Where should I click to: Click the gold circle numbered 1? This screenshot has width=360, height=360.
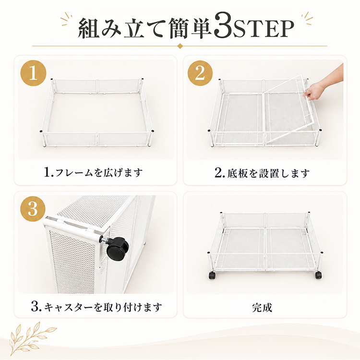(x=34, y=73)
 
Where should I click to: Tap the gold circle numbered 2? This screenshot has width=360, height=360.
(x=200, y=73)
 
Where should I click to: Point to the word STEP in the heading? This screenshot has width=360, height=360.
(x=264, y=29)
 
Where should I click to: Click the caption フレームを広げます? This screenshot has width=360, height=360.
(x=99, y=173)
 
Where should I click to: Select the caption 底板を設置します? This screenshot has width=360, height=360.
(x=268, y=173)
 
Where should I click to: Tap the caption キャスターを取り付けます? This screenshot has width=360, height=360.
(x=103, y=307)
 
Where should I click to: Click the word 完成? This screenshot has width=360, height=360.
(x=262, y=308)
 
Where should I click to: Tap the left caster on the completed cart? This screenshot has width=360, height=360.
(x=212, y=276)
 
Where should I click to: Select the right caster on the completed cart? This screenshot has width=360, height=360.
(x=318, y=275)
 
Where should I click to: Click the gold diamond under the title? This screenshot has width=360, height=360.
(x=180, y=46)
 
